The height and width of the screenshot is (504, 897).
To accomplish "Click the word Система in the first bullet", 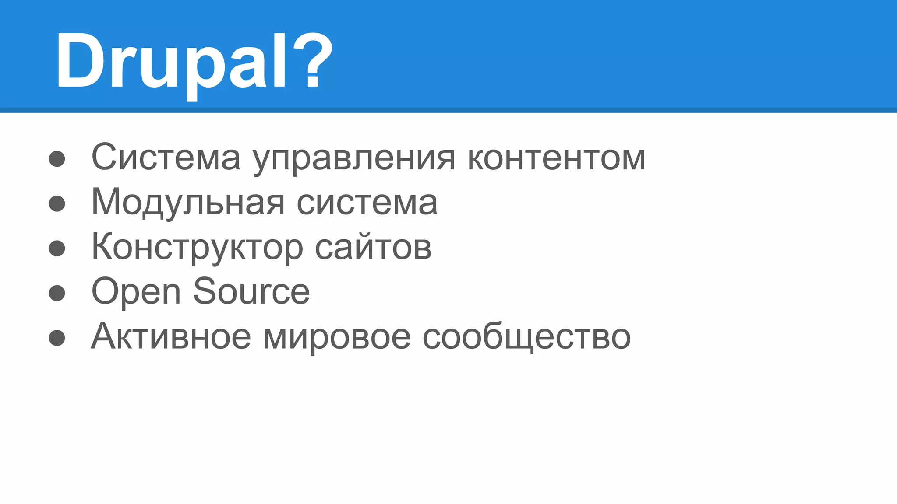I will tap(166, 157).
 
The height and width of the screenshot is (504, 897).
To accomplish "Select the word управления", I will tap(354, 158).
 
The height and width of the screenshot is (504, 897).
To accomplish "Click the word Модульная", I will tap(188, 203).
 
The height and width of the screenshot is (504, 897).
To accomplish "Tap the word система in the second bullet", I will tap(367, 203).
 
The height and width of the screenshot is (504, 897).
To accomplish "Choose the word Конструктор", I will tap(197, 248).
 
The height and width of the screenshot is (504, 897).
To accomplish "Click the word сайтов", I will tap(373, 248).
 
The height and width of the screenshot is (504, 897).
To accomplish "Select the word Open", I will tap(136, 292).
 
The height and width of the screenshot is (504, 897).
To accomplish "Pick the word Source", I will tap(251, 292).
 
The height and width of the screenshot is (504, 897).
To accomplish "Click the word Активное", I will tap(171, 336).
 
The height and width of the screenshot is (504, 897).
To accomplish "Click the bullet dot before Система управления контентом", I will tap(57, 159).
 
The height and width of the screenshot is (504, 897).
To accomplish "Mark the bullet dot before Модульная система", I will tap(57, 203).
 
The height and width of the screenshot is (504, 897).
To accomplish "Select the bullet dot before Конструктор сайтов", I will tap(57, 248).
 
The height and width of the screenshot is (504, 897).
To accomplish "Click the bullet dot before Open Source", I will tap(57, 293).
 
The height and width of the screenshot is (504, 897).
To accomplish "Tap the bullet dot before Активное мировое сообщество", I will tap(57, 338).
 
